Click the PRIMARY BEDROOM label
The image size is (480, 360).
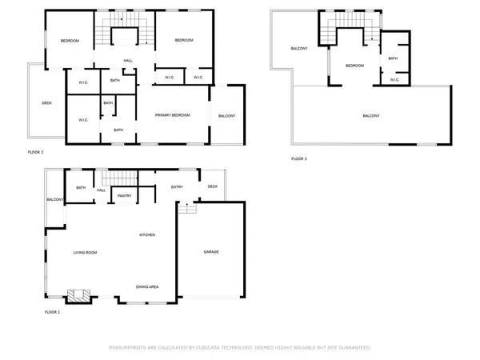(174, 116)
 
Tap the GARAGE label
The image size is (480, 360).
(210, 252)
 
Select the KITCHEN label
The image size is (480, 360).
(146, 234)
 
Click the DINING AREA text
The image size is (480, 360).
(146, 286)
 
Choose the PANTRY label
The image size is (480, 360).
(124, 195)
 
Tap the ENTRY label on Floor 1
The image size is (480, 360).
(177, 187)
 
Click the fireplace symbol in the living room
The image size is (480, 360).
(77, 295)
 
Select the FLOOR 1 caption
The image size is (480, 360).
(53, 311)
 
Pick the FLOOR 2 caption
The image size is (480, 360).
(35, 151)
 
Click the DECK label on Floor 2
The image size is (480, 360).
(46, 102)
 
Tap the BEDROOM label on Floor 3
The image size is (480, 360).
(354, 66)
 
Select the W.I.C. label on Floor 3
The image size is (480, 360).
(394, 79)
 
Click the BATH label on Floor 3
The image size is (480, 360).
(393, 58)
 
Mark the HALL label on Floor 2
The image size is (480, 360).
(127, 61)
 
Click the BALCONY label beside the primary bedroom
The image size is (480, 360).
(226, 116)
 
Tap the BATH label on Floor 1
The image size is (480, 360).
(81, 187)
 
